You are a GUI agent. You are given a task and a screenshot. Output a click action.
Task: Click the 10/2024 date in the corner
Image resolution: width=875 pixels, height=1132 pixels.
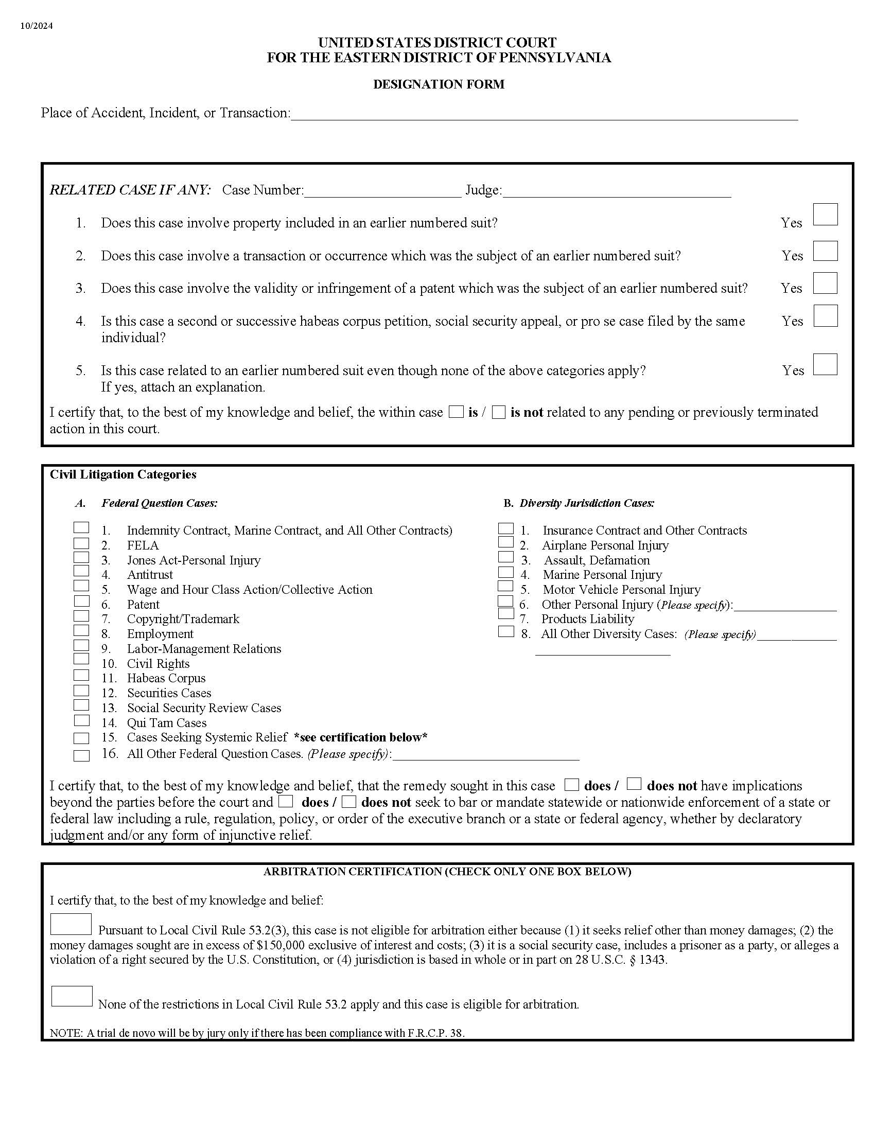pyautogui.click(x=36, y=26)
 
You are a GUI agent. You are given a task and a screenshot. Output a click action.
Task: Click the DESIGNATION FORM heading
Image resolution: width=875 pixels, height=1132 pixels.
pyautogui.click(x=439, y=84)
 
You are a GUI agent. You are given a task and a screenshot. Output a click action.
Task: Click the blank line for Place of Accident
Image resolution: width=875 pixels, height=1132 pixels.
pyautogui.click(x=544, y=114)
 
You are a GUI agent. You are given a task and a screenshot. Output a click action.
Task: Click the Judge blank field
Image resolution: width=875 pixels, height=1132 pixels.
pyautogui.click(x=617, y=191)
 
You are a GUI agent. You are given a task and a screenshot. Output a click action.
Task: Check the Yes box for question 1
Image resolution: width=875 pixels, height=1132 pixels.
pyautogui.click(x=825, y=215)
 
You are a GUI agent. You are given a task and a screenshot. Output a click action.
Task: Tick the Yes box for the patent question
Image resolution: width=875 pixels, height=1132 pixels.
pyautogui.click(x=825, y=283)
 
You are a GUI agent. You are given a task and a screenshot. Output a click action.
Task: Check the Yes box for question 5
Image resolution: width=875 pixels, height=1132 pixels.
pyautogui.click(x=825, y=364)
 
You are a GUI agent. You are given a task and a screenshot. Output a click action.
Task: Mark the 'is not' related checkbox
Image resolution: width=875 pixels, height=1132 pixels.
pyautogui.click(x=499, y=413)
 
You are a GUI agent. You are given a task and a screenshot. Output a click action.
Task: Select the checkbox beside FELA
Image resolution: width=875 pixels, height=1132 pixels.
pyautogui.click(x=81, y=543)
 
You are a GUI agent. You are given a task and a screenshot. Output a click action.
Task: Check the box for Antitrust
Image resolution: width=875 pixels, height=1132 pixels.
pyautogui.click(x=81, y=571)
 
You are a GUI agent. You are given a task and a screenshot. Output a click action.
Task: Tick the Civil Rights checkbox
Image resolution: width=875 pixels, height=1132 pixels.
pyautogui.click(x=81, y=659)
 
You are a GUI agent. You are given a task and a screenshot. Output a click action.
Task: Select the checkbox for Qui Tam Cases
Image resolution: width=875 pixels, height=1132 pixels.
pyautogui.click(x=81, y=720)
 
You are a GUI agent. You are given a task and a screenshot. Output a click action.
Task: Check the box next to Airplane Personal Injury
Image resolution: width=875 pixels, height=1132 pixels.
pyautogui.click(x=505, y=542)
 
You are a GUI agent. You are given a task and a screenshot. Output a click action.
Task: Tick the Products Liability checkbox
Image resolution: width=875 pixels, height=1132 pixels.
pyautogui.click(x=505, y=613)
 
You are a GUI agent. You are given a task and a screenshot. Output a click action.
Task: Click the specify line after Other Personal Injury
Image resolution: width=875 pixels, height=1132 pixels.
pyautogui.click(x=785, y=606)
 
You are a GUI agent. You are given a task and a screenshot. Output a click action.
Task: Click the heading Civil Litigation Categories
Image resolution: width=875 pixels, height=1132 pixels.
pyautogui.click(x=123, y=475)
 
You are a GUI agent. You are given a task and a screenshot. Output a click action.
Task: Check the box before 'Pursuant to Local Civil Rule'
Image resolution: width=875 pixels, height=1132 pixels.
pyautogui.click(x=71, y=924)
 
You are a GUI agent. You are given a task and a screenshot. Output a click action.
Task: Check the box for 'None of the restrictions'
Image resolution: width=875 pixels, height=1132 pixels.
pyautogui.click(x=72, y=996)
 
